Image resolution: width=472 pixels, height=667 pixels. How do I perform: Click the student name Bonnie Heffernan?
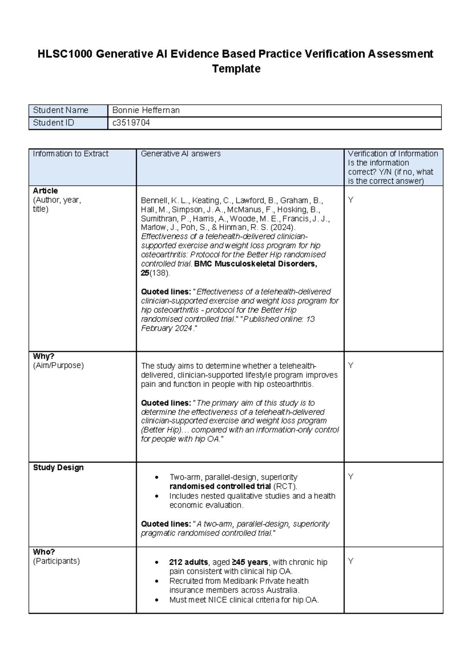(146, 111)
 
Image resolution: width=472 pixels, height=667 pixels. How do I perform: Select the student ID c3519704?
(131, 123)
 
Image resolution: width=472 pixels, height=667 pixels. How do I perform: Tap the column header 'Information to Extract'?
(70, 154)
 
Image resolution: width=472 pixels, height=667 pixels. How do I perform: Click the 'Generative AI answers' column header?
(181, 154)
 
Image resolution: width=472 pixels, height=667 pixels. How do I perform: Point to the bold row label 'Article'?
(45, 191)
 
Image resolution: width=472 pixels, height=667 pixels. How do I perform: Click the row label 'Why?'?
(44, 356)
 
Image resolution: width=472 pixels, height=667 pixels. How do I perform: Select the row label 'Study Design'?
(58, 468)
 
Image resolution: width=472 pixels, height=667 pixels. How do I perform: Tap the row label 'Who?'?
(44, 552)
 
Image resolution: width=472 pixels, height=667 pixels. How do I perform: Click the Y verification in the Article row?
(351, 200)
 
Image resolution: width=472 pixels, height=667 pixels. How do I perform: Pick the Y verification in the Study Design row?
(351, 477)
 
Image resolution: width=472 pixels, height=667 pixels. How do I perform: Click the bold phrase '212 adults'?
(188, 562)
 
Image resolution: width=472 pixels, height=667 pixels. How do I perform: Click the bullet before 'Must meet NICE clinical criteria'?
(157, 601)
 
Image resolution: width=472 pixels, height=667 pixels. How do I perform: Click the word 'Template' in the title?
(236, 69)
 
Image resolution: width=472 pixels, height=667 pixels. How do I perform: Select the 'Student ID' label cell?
(53, 123)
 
